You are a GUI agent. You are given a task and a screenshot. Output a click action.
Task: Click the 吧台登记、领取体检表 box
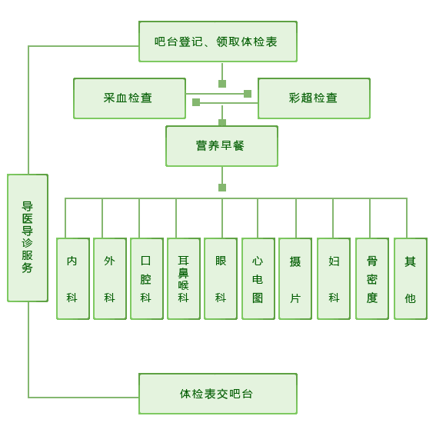click(218, 42)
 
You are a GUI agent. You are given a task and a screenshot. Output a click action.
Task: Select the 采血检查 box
click(130, 98)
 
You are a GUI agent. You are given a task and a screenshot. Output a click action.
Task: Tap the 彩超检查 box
click(314, 98)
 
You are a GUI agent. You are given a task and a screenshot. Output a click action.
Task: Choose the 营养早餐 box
click(222, 146)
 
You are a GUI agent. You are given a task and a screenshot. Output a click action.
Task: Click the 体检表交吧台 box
click(218, 394)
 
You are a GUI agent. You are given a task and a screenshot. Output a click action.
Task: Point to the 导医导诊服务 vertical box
click(28, 238)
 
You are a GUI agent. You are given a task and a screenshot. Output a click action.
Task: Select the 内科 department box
click(73, 278)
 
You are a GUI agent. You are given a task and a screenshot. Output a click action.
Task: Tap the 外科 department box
click(110, 278)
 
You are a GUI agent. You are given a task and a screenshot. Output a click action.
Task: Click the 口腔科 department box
click(147, 278)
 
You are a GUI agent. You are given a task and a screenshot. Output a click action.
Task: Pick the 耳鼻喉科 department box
click(184, 278)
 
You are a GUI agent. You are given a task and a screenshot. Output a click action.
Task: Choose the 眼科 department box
click(221, 278)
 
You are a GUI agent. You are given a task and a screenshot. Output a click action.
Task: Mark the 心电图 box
click(258, 278)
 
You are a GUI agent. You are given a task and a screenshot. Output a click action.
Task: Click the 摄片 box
click(295, 278)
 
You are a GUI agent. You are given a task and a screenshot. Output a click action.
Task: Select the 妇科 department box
click(334, 278)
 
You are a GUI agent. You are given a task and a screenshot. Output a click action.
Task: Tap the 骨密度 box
click(372, 278)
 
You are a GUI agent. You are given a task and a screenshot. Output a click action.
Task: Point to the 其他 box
click(411, 278)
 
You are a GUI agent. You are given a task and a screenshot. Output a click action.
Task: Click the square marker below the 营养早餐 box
click(222, 188)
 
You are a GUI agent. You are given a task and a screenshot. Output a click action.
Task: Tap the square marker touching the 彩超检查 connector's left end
click(196, 102)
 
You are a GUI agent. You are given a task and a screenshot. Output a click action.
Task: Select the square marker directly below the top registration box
click(222, 84)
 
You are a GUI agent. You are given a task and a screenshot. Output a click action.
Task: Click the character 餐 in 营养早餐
click(238, 145)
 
